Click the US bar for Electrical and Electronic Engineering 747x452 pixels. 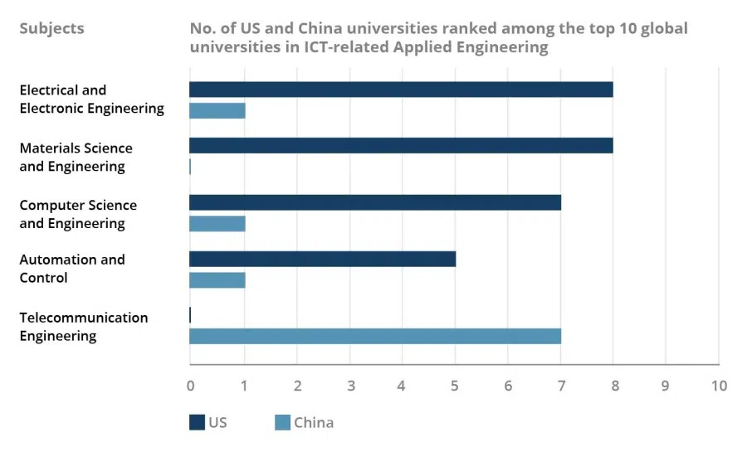(x=401, y=90)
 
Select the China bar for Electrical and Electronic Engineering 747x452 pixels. (x=217, y=110)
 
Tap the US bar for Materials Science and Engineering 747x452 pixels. (x=401, y=146)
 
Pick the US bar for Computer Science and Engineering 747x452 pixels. (x=375, y=202)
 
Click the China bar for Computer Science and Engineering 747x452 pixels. (x=217, y=224)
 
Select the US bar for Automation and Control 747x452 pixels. (x=323, y=259)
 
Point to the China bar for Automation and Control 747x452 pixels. (x=217, y=280)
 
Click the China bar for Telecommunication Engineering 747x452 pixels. (x=375, y=336)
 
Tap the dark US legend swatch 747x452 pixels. (x=197, y=423)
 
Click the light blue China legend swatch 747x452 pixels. (x=282, y=423)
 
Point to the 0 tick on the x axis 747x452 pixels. (x=190, y=386)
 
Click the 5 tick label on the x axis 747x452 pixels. (x=455, y=386)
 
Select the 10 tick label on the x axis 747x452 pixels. (x=719, y=386)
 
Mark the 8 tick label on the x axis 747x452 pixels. (x=613, y=386)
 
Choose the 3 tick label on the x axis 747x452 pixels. (x=349, y=386)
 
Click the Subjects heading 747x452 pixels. (x=51, y=28)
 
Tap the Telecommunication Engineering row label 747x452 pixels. (x=83, y=327)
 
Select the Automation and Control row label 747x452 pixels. (x=71, y=269)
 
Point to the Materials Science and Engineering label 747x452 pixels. (x=76, y=157)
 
